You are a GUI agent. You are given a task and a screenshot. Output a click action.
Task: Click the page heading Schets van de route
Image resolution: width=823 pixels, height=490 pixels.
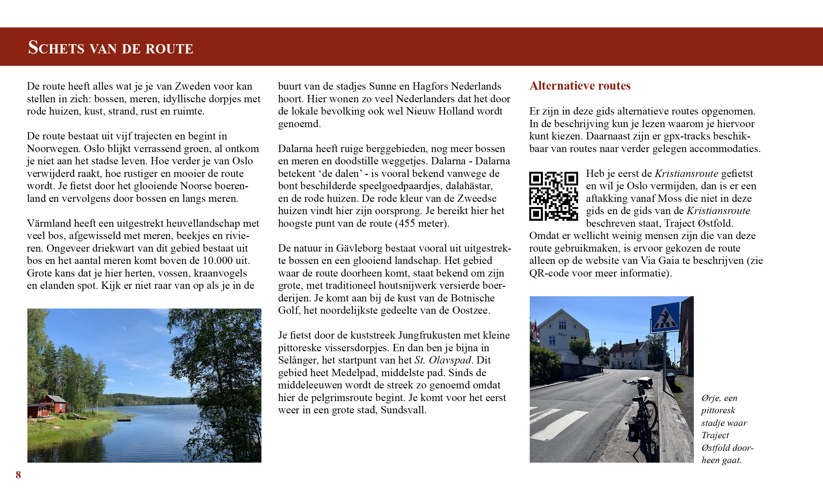(x=111, y=47)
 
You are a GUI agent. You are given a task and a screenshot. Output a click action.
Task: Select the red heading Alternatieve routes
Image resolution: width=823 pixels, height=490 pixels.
(x=580, y=86)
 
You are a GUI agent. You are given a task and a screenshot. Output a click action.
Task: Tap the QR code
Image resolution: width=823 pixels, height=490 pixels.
(x=553, y=196)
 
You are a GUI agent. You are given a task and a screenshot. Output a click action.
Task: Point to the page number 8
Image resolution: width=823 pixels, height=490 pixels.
(x=18, y=475)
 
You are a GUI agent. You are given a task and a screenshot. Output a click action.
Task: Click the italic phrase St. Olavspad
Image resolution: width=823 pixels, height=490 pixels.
(x=443, y=360)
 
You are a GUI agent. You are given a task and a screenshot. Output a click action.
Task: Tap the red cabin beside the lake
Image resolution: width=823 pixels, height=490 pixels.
(x=53, y=404)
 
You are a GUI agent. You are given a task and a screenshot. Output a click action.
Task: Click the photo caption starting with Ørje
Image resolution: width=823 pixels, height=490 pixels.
(x=727, y=429)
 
